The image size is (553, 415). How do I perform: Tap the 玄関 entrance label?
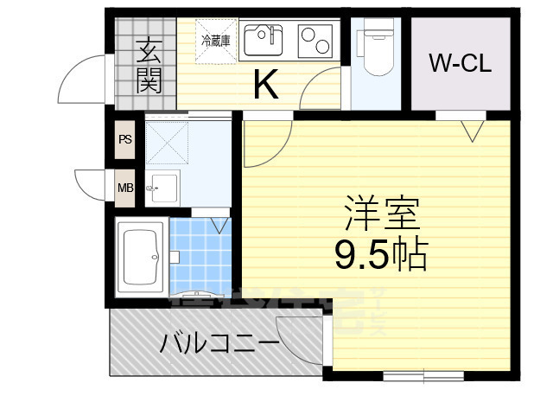pos(148,67)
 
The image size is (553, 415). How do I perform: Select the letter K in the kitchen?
pos(264,85)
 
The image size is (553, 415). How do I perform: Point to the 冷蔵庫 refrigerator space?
pos(215,41)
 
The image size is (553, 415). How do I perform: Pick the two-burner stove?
pos(315,40)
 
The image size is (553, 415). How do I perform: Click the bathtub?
pos(142,259)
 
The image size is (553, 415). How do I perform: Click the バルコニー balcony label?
pos(219,344)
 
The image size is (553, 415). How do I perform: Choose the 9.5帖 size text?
pos(381,252)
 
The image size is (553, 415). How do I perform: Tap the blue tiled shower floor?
pos(201,256)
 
